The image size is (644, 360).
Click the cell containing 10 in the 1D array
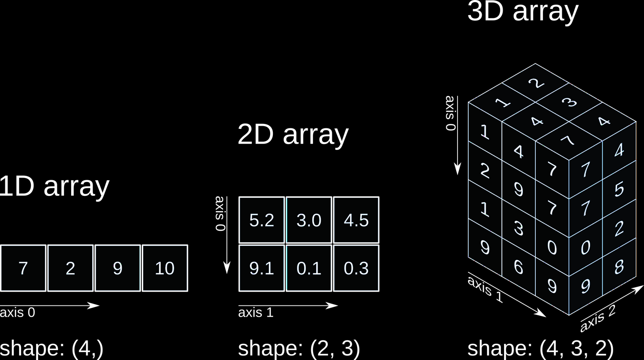pos(165,268)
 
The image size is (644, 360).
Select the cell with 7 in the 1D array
pos(23,268)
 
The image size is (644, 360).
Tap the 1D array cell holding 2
pos(70,268)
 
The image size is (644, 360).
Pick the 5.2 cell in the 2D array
pos(262,220)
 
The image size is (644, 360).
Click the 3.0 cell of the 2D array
pos(309,220)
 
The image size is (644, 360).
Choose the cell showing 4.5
pos(356,220)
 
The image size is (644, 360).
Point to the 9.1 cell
pos(262,268)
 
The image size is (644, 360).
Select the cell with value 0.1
pos(309,268)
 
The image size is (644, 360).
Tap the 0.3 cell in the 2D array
pos(356,268)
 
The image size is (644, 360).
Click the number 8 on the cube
pos(619,267)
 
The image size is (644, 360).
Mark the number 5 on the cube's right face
pos(619,189)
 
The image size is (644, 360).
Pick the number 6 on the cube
pos(518,267)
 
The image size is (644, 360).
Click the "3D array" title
pos(522,12)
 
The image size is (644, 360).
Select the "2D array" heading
pos(293,134)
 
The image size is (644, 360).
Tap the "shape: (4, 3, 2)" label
pos(540,348)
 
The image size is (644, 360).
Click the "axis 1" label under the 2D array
pos(255,313)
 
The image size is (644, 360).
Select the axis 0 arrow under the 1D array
pos(49,305)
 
